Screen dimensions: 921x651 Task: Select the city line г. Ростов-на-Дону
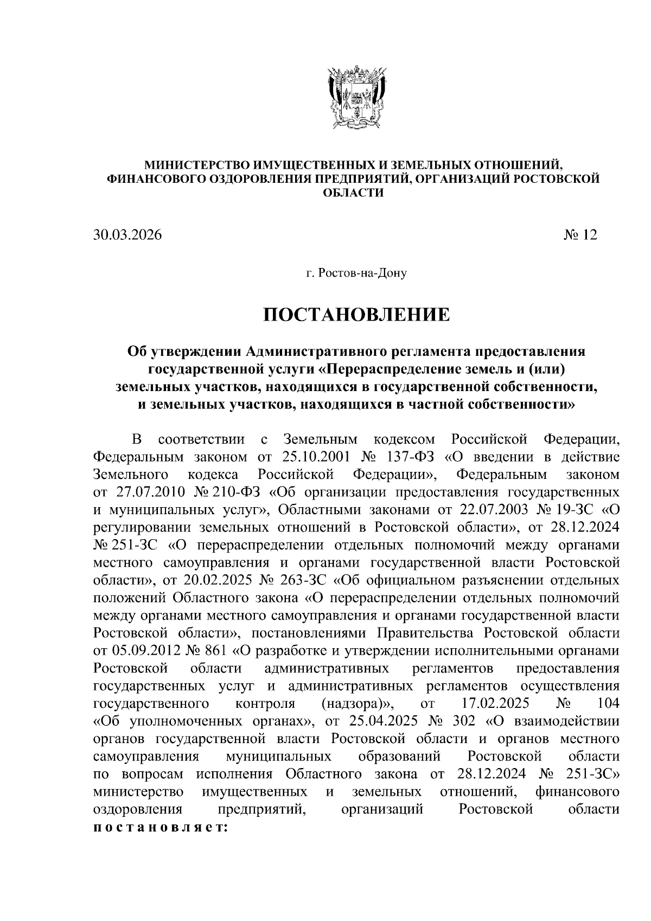356,273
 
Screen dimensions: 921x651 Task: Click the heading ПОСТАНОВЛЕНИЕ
356,315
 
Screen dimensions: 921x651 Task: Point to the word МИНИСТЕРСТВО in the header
192,164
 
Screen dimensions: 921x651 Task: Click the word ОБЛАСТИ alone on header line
355,193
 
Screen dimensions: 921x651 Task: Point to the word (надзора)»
356,703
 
